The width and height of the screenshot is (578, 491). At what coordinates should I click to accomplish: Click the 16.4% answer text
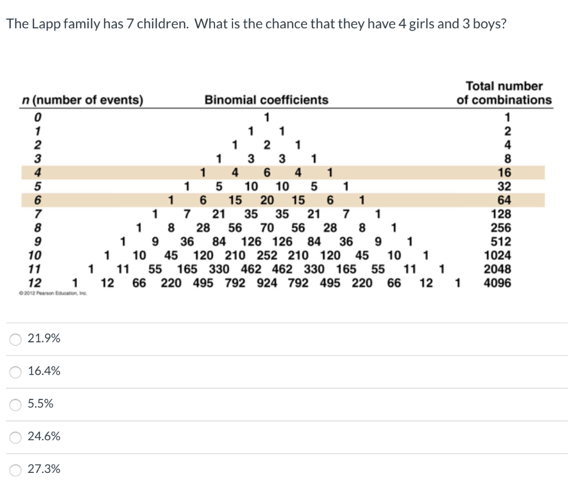tap(44, 371)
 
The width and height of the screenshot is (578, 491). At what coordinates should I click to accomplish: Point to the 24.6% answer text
tap(44, 437)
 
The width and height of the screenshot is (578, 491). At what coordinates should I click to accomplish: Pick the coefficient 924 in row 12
tap(267, 282)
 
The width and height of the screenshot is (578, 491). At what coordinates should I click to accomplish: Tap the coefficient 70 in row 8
tap(267, 228)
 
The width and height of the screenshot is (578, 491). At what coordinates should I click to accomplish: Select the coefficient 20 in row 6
tap(267, 200)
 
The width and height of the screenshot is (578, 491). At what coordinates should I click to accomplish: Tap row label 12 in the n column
tap(35, 282)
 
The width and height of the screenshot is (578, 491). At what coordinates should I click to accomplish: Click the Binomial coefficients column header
tap(266, 100)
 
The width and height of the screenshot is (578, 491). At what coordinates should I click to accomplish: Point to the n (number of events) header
tap(82, 100)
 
